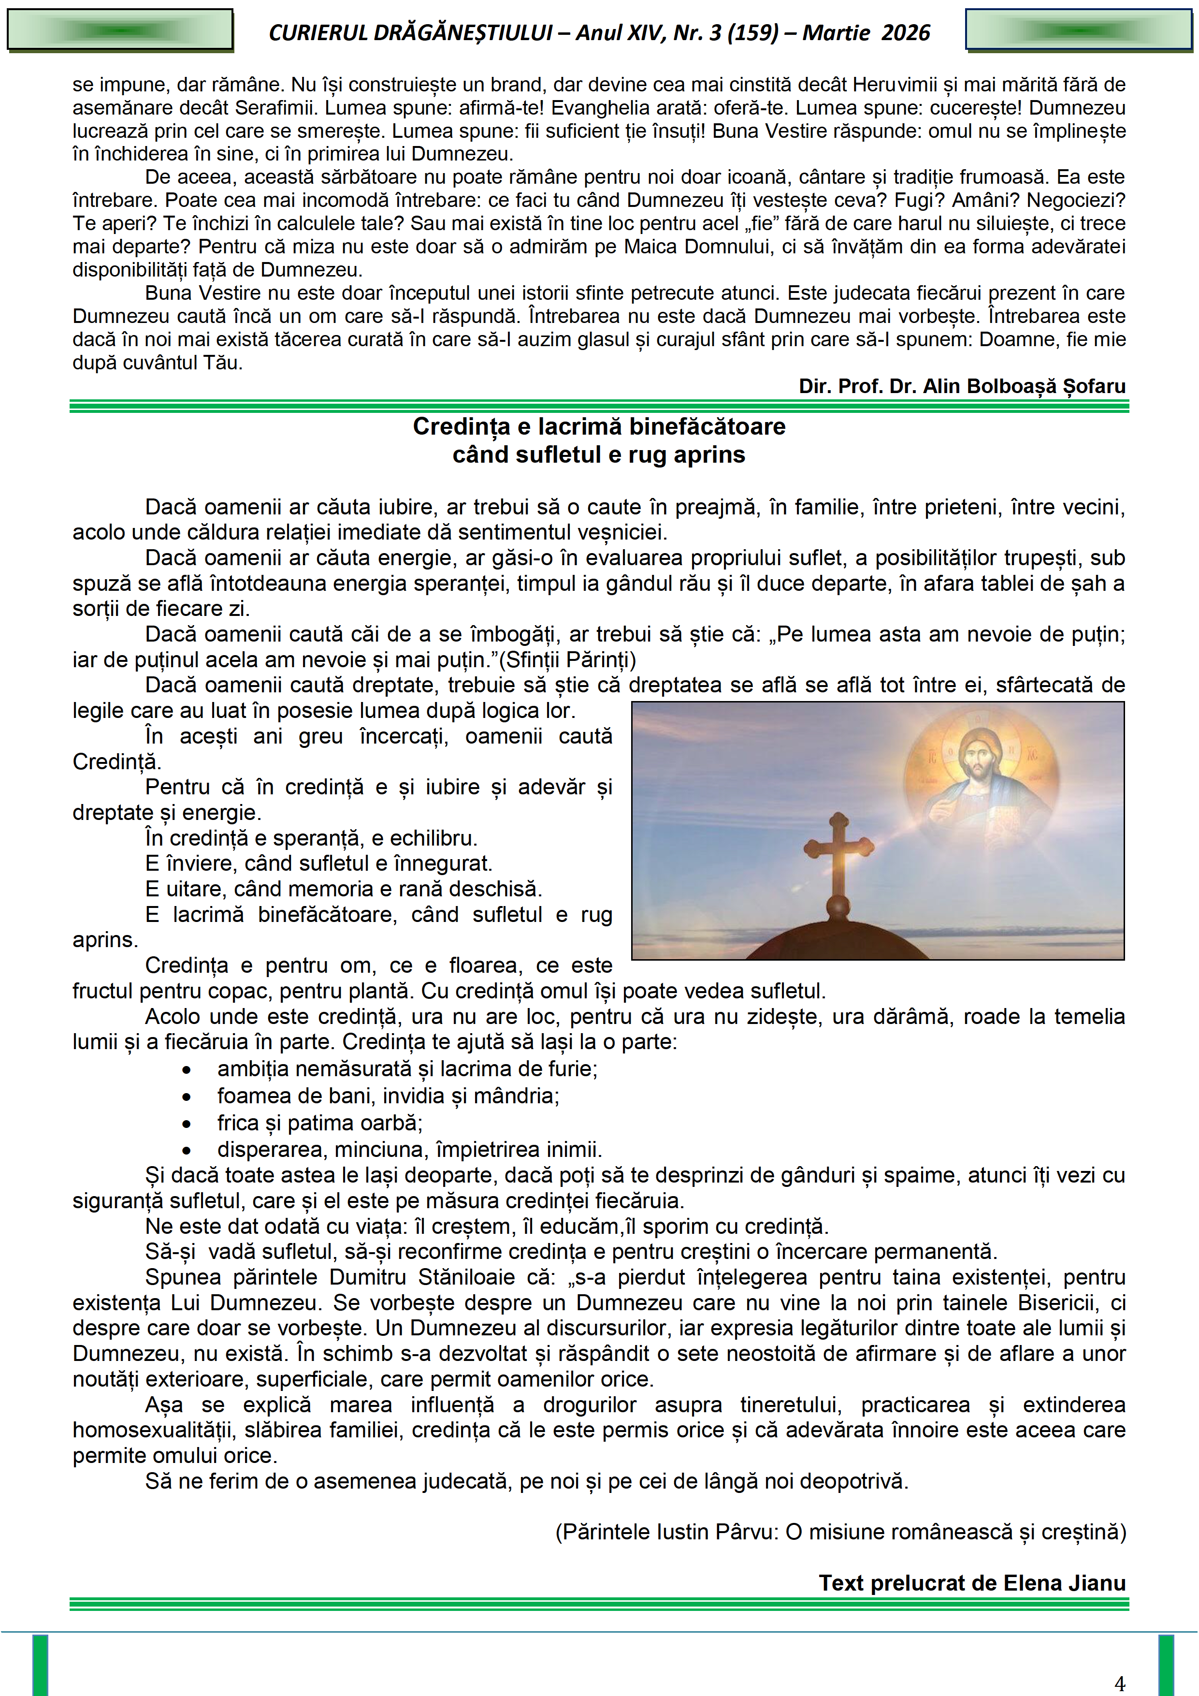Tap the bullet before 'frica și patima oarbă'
(x=187, y=1124)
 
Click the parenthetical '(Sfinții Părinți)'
(x=567, y=659)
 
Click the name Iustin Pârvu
(x=715, y=1532)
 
